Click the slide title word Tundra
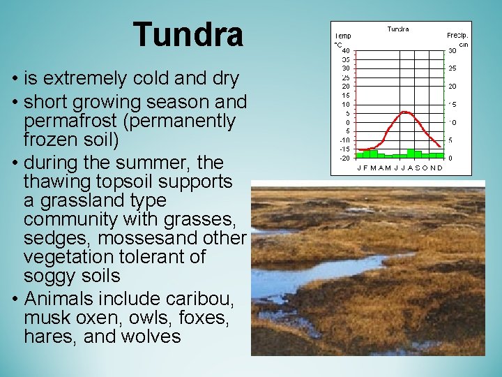188,34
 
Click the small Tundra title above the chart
398,29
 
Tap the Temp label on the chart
342,35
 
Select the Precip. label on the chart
457,35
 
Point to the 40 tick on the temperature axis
346,50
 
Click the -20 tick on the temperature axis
344,158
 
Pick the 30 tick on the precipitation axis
452,50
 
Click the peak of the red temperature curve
404,112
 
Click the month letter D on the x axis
439,168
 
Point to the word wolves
151,337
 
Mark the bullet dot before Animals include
15,299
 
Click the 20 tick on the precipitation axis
452,87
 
